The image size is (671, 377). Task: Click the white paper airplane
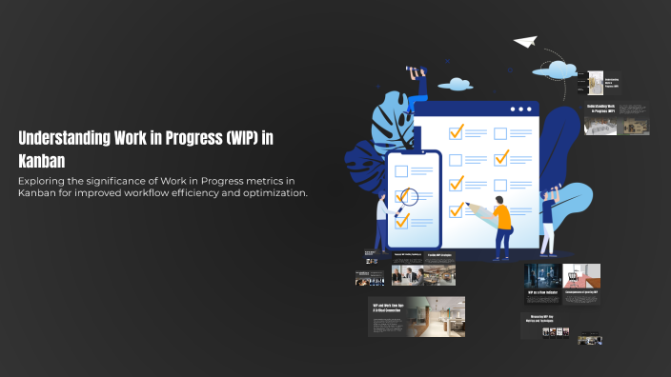(x=525, y=42)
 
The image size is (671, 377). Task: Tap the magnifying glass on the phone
(x=408, y=199)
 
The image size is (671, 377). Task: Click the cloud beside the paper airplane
(x=556, y=69)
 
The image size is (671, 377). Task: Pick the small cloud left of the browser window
(x=456, y=84)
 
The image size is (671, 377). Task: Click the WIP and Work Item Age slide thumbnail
(x=417, y=316)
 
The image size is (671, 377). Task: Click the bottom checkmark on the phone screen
(x=401, y=221)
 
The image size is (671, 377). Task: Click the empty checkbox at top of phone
(x=401, y=171)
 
